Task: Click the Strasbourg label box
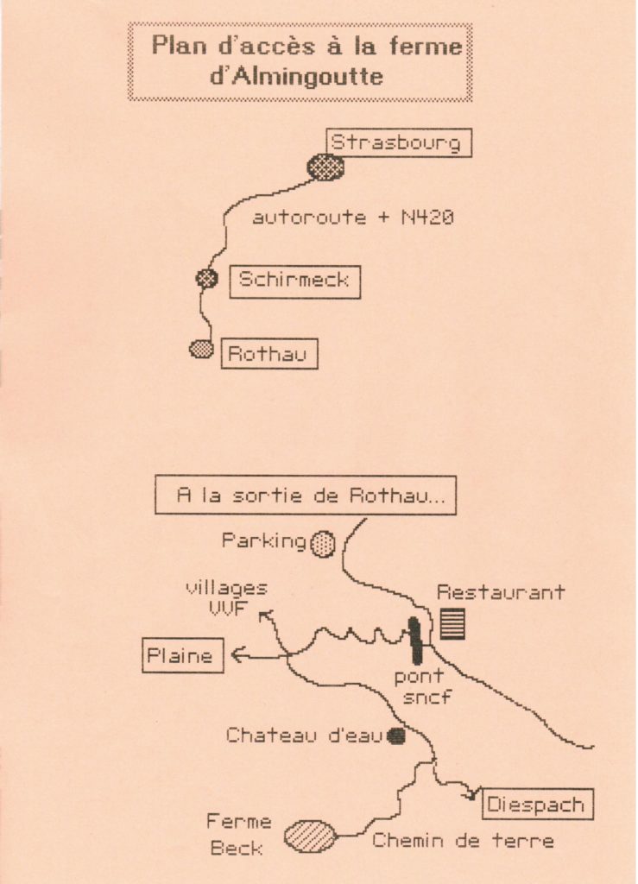pyautogui.click(x=399, y=142)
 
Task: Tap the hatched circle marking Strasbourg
pyautogui.click(x=325, y=166)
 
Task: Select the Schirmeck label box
pyautogui.click(x=294, y=281)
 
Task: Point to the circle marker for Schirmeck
pyautogui.click(x=206, y=278)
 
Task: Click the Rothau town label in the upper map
pyautogui.click(x=268, y=354)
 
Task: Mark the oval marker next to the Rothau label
pyautogui.click(x=201, y=349)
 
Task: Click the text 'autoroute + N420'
pyautogui.click(x=352, y=218)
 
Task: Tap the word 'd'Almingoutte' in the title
pyautogui.click(x=297, y=76)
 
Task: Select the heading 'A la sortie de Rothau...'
pyautogui.click(x=305, y=496)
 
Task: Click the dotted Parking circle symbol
pyautogui.click(x=323, y=544)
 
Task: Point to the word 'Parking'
pyautogui.click(x=264, y=541)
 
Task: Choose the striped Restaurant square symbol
pyautogui.click(x=452, y=623)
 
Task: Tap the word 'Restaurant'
pyautogui.click(x=501, y=592)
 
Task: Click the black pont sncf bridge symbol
pyautogui.click(x=415, y=640)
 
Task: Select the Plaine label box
pyautogui.click(x=182, y=655)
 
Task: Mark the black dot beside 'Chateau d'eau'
pyautogui.click(x=396, y=736)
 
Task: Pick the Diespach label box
pyautogui.click(x=535, y=805)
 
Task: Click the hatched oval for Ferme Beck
pyautogui.click(x=310, y=836)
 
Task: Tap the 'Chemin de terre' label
pyautogui.click(x=463, y=840)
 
